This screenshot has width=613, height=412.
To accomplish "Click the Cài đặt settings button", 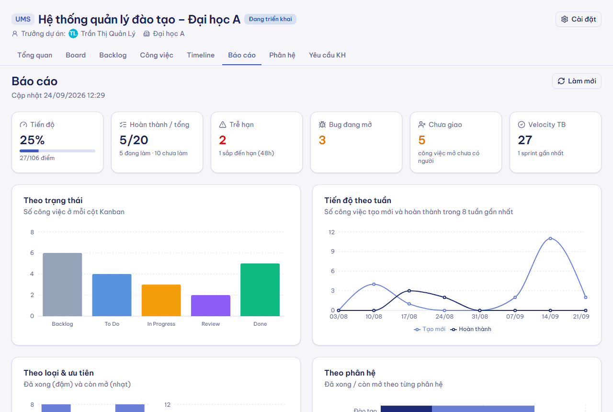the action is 578,19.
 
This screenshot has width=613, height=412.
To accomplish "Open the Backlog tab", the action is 113,55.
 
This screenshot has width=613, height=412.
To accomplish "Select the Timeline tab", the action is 201,55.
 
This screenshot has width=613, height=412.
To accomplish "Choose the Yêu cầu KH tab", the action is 327,55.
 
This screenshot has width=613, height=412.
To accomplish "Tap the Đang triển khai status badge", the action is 270,19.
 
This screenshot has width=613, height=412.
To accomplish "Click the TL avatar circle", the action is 73,34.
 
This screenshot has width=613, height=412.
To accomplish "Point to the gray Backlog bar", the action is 62,285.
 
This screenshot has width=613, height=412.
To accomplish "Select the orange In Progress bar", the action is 161,300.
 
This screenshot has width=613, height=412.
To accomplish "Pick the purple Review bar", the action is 211,306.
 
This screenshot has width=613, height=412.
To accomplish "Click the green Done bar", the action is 260,290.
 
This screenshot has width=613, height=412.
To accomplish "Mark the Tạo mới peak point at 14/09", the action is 550,239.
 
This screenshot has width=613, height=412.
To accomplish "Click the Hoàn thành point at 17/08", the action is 409,291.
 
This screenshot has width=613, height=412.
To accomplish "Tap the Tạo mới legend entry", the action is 430,329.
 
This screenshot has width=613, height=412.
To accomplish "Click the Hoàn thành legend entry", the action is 471,329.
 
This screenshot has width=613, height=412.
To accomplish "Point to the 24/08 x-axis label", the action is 444,317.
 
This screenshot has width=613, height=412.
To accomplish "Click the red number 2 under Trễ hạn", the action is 223,140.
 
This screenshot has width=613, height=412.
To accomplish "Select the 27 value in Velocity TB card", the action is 525,140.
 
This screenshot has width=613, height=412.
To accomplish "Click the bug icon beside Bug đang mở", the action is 322,125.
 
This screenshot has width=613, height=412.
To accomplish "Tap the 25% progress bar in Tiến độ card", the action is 57,151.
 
